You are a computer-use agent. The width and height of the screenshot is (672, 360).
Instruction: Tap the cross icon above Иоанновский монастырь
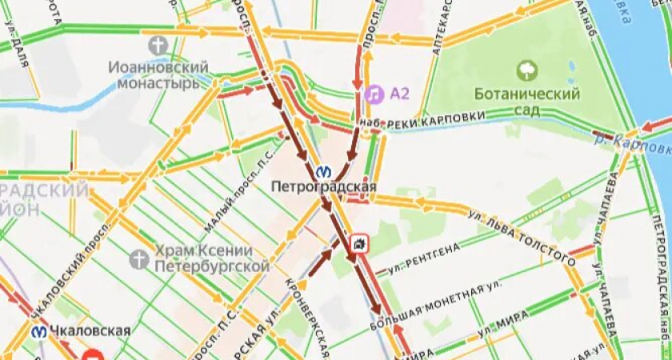158,45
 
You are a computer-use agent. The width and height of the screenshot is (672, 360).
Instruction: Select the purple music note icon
374,94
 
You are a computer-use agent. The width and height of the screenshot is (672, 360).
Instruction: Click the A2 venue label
399,94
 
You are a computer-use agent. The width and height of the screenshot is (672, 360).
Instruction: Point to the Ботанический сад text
526,102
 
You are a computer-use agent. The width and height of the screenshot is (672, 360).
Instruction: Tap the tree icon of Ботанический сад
527,71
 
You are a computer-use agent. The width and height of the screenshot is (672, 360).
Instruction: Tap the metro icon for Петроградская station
324,170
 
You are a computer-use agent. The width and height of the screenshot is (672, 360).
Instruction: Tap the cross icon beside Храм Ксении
139,258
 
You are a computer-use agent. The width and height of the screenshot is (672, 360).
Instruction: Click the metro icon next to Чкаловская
38,331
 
